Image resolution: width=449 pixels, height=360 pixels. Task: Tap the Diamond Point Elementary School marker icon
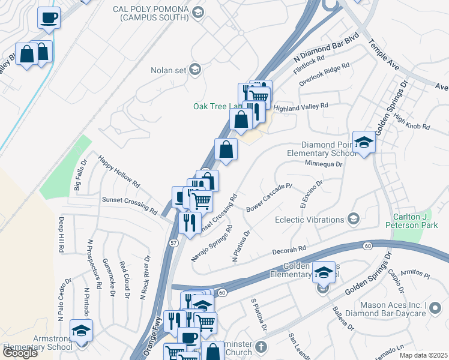click(x=364, y=143)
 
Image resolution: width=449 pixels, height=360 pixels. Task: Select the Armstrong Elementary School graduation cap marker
click(x=80, y=330)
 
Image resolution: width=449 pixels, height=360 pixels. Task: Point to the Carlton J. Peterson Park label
click(x=421, y=221)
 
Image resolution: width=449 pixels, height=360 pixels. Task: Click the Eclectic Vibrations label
click(x=309, y=220)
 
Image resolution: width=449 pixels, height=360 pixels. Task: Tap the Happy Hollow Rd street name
click(x=119, y=172)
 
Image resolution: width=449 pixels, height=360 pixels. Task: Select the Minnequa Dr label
click(x=323, y=163)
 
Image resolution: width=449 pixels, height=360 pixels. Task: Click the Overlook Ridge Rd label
click(x=324, y=74)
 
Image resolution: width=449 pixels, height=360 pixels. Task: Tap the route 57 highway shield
click(x=173, y=242)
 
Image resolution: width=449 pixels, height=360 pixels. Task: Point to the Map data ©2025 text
click(x=423, y=355)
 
